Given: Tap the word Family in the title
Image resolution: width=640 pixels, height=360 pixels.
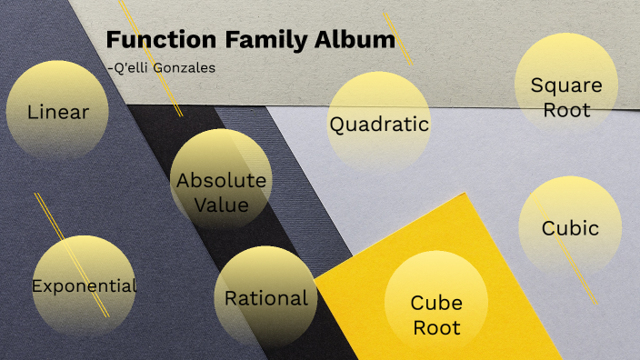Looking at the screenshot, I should [x=252, y=40].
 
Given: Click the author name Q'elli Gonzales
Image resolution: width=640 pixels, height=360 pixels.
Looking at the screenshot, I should [x=161, y=67].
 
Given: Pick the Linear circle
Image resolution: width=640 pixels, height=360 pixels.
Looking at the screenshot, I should [x=58, y=112].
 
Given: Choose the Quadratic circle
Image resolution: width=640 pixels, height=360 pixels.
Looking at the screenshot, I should [x=378, y=125].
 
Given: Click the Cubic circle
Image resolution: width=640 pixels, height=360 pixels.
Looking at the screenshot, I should [x=570, y=228].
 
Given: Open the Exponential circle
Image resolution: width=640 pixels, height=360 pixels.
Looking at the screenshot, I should [x=84, y=285].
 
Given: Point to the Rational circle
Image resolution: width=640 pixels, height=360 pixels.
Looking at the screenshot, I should [x=265, y=297].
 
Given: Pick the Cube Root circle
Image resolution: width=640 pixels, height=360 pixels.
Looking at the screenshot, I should [x=436, y=315].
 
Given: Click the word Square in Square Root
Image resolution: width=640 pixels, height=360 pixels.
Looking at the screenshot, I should [x=566, y=85].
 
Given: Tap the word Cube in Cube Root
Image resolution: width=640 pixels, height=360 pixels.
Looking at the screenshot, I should [x=436, y=303].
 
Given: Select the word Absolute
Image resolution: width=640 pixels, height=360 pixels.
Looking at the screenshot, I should [x=221, y=180].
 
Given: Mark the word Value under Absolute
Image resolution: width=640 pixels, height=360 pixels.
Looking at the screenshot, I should [x=221, y=205].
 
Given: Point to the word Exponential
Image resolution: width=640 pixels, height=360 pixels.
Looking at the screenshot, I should [x=84, y=285].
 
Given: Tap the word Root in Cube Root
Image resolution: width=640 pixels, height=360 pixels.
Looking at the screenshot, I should [x=436, y=327].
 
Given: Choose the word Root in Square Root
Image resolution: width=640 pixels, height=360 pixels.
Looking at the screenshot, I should [x=566, y=110].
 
